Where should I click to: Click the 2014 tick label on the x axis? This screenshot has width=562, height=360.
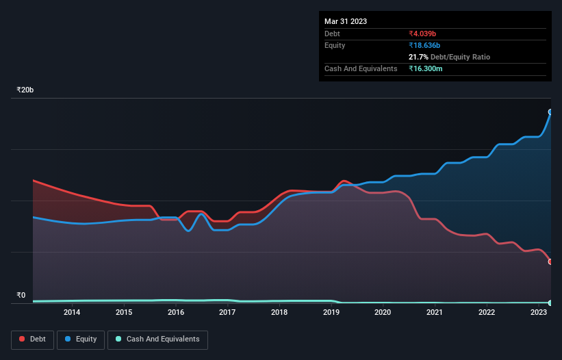point(72,312)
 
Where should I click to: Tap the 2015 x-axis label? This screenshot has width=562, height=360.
point(124,312)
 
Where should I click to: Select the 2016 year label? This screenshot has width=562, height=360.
point(176,312)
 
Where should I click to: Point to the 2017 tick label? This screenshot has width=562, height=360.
point(227,312)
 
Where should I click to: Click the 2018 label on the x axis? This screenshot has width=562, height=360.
point(279,312)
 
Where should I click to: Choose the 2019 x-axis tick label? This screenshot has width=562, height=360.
point(331,312)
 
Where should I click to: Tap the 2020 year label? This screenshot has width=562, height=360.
point(383,312)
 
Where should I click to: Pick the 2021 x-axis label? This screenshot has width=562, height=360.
point(435,312)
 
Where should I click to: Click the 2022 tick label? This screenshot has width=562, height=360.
point(487,312)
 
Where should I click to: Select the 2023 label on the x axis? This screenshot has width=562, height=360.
point(538,312)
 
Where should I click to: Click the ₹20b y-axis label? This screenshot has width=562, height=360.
point(25,90)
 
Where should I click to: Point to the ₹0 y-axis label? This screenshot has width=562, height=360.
point(21,296)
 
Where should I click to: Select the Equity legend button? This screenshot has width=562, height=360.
point(81,339)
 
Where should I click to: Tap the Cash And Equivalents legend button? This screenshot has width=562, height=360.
point(157,339)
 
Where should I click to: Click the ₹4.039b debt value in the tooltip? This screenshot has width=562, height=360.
point(427,34)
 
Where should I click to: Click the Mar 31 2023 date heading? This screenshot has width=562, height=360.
point(346,21)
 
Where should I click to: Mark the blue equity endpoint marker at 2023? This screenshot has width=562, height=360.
point(550,112)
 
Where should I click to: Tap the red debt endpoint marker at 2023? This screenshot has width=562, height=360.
point(550,261)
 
